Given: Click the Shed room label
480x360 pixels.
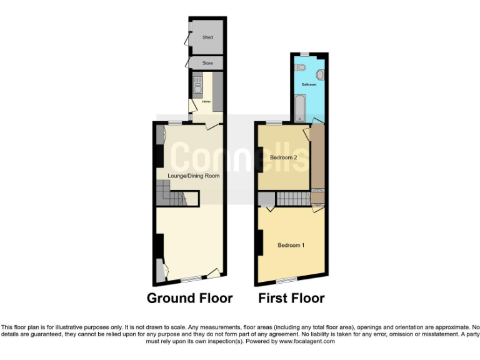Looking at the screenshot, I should tap(207, 37).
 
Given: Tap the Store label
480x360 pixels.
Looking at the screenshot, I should tap(207, 63).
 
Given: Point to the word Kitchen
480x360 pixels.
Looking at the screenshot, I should tap(206, 102).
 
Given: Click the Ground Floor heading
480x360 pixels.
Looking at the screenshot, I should tap(189, 298).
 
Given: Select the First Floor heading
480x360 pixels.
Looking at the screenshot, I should tap(291, 298).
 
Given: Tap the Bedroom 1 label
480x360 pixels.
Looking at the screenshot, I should tap(291, 245).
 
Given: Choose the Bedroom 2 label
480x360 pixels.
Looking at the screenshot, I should tap(283, 157).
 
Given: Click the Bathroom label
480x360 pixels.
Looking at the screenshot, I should tap(309, 84).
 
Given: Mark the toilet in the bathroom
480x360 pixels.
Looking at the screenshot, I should tap(300, 66).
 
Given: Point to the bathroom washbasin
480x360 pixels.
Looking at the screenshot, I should tap(320, 74).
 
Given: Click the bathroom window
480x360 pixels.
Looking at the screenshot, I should tap(304, 54).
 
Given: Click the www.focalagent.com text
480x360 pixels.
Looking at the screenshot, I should tap(306, 341).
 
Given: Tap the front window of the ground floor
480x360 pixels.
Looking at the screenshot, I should tap(191, 278).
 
